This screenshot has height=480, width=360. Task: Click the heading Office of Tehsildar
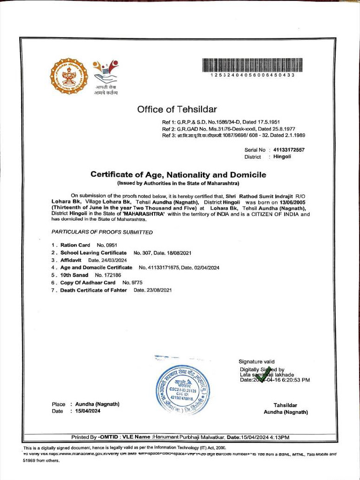tap(177, 110)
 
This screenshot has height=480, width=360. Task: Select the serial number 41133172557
tap(289, 150)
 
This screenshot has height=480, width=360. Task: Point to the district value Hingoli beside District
tap(282, 157)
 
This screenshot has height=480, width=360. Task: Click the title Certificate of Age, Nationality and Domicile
tap(178, 175)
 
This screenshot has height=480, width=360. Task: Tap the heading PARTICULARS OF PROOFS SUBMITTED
tap(102, 232)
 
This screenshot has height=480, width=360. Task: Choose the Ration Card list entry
tap(75, 245)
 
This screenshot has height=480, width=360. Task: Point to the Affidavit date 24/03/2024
tap(114, 260)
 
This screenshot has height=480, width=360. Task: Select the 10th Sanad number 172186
tap(108, 275)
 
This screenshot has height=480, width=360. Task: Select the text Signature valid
tap(256, 361)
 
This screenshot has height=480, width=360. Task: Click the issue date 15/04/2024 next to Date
tap(88, 411)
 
